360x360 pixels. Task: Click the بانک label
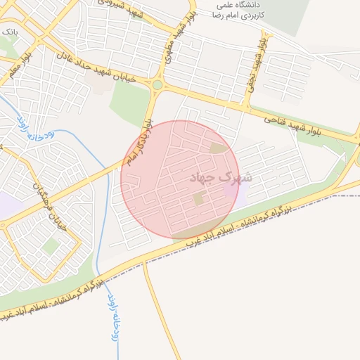10,32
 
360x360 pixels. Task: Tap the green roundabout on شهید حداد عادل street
157,85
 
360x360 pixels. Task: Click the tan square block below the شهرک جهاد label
199,200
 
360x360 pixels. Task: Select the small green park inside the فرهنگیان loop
50,246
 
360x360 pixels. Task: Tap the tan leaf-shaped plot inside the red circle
219,148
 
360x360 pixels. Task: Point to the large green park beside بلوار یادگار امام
131,105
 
